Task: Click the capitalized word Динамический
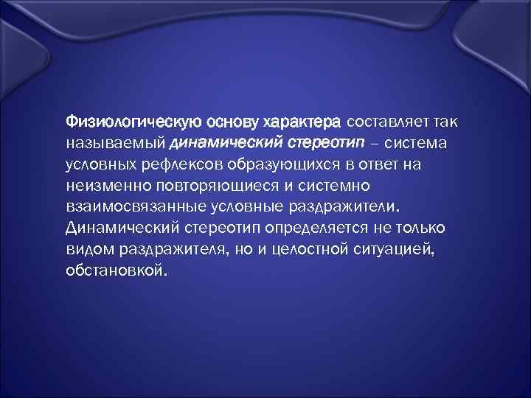tap(119, 227)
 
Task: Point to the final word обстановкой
tap(117, 270)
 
